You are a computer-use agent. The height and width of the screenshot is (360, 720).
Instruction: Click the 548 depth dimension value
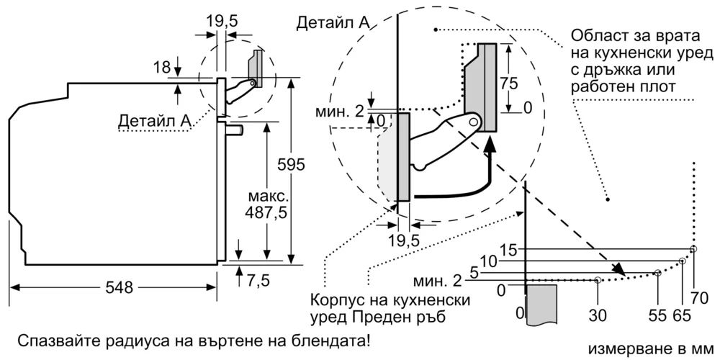point(119,287)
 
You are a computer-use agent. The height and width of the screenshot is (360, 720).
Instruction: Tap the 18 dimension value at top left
point(161,67)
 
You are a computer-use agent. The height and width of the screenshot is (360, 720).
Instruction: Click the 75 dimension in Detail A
point(509,82)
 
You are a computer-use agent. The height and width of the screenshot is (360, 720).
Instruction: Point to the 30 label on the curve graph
point(598,315)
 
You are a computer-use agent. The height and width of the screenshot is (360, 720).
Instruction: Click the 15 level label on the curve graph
point(508,250)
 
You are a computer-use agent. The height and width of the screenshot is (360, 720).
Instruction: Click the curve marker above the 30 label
point(598,279)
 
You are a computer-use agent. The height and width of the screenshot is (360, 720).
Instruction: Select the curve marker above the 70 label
point(693,249)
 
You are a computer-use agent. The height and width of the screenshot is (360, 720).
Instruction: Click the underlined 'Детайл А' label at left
point(155,122)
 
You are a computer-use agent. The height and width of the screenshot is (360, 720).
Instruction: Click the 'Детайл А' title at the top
point(333,22)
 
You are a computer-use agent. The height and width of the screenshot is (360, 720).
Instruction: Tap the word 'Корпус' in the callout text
point(337,300)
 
